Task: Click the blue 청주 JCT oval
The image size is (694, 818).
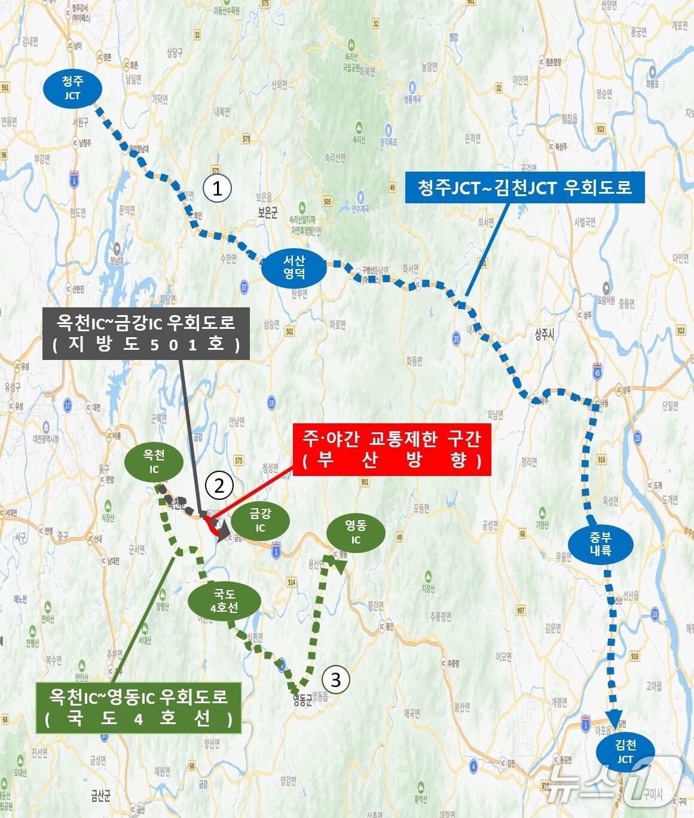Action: [72, 88]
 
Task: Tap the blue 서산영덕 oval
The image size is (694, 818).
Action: [294, 267]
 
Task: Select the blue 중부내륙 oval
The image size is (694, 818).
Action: [601, 544]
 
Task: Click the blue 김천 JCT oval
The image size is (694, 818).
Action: [625, 752]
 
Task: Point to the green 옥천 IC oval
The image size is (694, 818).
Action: [154, 462]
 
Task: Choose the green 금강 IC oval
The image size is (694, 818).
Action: [260, 520]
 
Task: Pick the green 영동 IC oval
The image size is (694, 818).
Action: [356, 532]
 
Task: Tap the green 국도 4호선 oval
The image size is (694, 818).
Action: [224, 601]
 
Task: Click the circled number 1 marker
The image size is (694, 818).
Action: [218, 189]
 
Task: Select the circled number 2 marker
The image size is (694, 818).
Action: [219, 486]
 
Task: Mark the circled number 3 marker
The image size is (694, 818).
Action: [335, 680]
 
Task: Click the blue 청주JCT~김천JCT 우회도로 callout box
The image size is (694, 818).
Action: [525, 188]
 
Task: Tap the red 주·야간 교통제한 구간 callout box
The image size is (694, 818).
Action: [392, 450]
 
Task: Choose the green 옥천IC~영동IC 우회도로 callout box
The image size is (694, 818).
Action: [138, 707]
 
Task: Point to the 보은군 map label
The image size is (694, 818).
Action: [268, 213]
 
